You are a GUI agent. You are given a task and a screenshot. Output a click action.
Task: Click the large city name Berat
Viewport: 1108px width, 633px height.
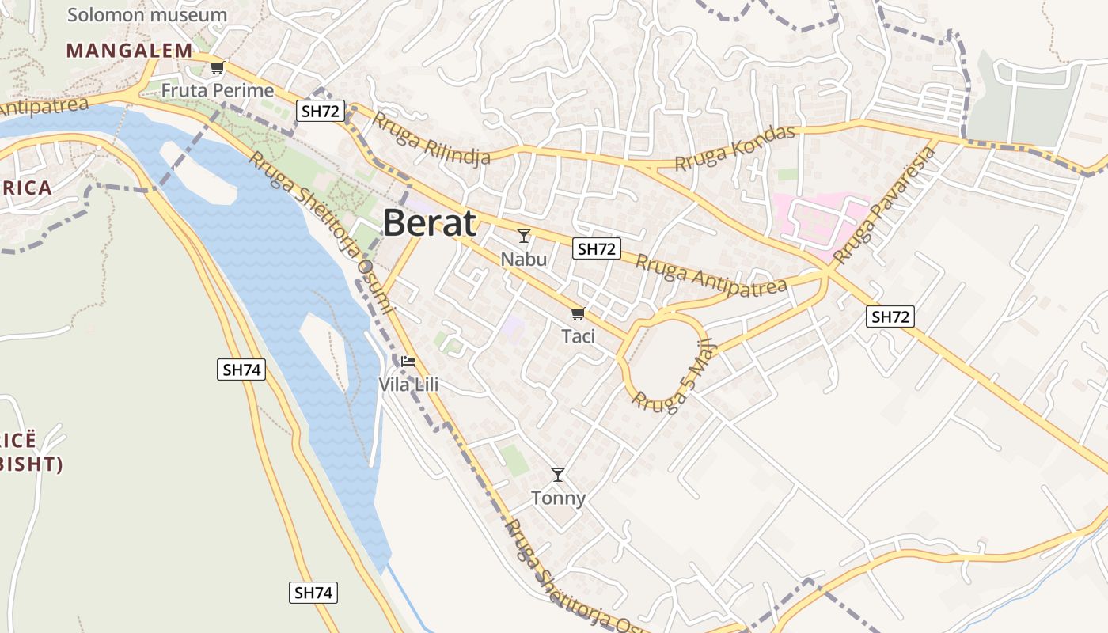click(430, 223)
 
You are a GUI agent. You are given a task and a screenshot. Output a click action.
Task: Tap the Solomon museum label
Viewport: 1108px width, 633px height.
click(147, 14)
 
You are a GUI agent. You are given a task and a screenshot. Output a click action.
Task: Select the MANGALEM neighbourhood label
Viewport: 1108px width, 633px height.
click(129, 51)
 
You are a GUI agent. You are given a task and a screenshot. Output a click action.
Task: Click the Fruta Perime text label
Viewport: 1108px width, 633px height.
click(218, 90)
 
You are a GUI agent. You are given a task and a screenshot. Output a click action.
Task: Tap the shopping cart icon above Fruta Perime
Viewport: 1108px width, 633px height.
click(217, 68)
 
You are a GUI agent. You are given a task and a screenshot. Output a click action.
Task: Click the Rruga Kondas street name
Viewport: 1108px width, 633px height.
click(735, 148)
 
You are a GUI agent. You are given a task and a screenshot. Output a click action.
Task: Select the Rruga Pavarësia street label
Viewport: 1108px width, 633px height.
click(885, 205)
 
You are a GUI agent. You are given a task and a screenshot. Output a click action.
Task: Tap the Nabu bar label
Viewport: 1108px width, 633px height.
click(524, 259)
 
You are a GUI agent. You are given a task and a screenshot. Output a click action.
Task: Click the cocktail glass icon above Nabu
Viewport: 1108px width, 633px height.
click(524, 236)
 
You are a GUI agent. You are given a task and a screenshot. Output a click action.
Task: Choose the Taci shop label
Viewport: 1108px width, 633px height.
click(578, 335)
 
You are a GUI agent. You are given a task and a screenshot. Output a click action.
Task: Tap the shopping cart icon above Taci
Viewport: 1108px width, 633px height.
click(578, 313)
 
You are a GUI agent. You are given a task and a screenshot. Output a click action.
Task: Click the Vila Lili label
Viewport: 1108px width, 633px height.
click(408, 385)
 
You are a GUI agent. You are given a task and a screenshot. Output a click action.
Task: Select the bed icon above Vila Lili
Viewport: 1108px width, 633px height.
click(408, 362)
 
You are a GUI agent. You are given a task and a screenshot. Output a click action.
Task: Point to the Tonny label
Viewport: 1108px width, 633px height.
click(558, 498)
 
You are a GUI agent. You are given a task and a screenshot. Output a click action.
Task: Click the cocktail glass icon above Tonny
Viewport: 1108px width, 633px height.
click(558, 475)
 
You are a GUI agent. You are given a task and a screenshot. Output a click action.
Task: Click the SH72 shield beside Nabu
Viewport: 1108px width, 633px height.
click(597, 248)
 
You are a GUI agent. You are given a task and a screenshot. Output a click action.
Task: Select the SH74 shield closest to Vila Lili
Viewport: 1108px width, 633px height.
click(241, 369)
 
